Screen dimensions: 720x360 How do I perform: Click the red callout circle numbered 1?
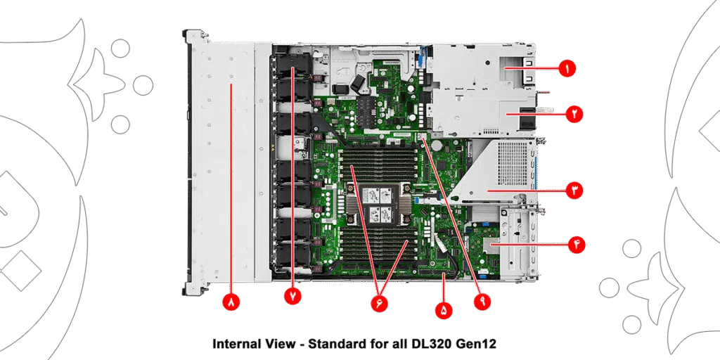[x=567, y=69]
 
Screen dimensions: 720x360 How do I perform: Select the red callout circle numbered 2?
[x=574, y=113]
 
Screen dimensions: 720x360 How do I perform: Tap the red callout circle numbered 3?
[x=574, y=190]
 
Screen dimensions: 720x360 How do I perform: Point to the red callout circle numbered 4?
[x=577, y=245]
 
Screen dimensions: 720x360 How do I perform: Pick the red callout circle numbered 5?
[x=444, y=310]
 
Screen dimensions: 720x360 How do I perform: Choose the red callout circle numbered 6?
[x=379, y=304]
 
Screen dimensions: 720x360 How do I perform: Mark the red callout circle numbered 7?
[x=293, y=297]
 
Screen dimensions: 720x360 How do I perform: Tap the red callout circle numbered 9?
[x=482, y=302]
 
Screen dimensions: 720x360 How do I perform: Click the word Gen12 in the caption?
[x=477, y=343]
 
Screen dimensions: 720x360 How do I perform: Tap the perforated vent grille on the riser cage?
[x=513, y=163]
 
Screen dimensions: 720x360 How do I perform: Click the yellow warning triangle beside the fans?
[x=271, y=148]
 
